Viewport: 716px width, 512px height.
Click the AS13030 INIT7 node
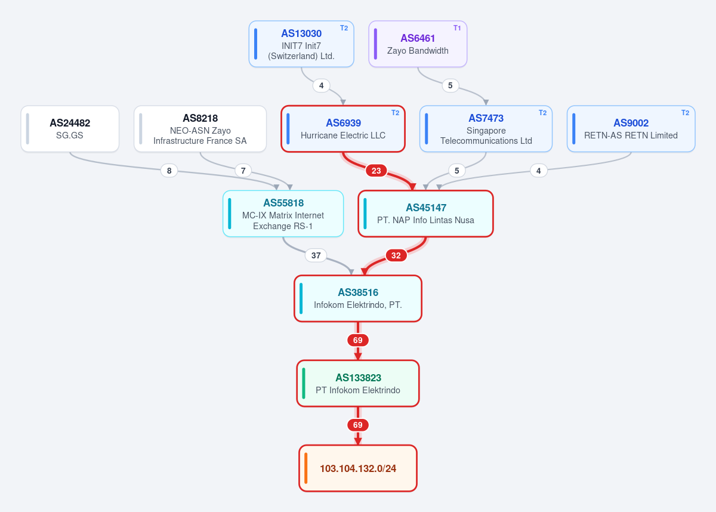(x=301, y=44)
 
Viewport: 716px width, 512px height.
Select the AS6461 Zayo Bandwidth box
(x=418, y=44)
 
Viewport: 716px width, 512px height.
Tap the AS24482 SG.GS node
(x=70, y=129)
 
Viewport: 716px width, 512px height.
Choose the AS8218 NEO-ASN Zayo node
(x=200, y=129)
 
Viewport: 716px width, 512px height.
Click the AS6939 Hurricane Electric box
(x=343, y=129)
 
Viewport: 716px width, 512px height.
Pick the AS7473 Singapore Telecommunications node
(x=486, y=129)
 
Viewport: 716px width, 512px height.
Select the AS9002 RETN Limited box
(x=631, y=129)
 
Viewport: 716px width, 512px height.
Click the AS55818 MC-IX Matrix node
(x=283, y=214)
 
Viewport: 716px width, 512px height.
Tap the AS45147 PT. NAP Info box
(x=426, y=214)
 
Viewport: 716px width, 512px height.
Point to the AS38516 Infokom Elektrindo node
(x=358, y=298)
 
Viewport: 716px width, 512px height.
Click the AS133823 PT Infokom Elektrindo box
(x=358, y=384)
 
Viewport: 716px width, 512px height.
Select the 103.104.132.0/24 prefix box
(x=358, y=468)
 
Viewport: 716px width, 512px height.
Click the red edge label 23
(x=376, y=171)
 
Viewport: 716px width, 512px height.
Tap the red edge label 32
(x=396, y=255)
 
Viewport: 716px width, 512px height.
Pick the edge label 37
(x=316, y=255)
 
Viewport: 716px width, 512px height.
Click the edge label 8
(x=169, y=171)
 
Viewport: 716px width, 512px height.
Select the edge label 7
(x=243, y=171)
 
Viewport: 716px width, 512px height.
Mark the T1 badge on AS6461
(x=457, y=28)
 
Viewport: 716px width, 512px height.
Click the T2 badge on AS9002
(x=686, y=113)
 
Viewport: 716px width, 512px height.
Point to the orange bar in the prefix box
(x=306, y=468)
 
